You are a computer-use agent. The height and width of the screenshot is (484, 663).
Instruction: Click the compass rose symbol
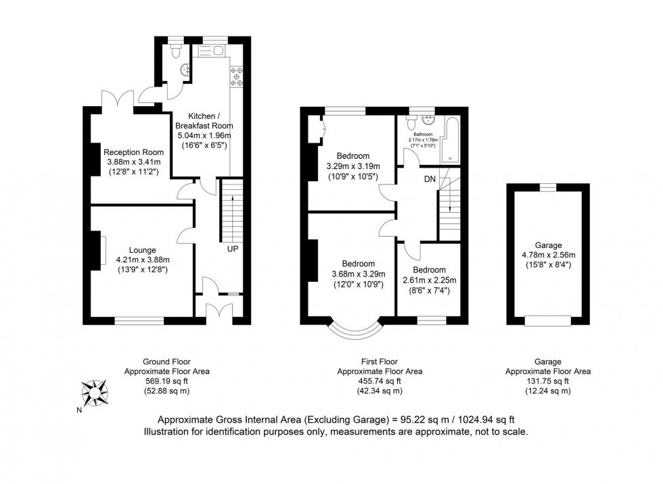(x=94, y=391)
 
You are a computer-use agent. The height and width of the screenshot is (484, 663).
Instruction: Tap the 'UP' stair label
(x=232, y=249)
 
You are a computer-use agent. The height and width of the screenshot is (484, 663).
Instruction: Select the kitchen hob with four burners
(x=237, y=78)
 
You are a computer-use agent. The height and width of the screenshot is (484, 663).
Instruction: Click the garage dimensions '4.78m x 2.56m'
(x=547, y=255)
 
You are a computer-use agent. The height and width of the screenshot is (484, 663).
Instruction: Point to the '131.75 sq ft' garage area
(x=548, y=381)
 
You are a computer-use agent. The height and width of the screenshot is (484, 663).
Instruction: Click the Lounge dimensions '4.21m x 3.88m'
(x=142, y=260)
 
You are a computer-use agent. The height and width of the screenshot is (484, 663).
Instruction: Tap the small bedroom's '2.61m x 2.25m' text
(x=430, y=281)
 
